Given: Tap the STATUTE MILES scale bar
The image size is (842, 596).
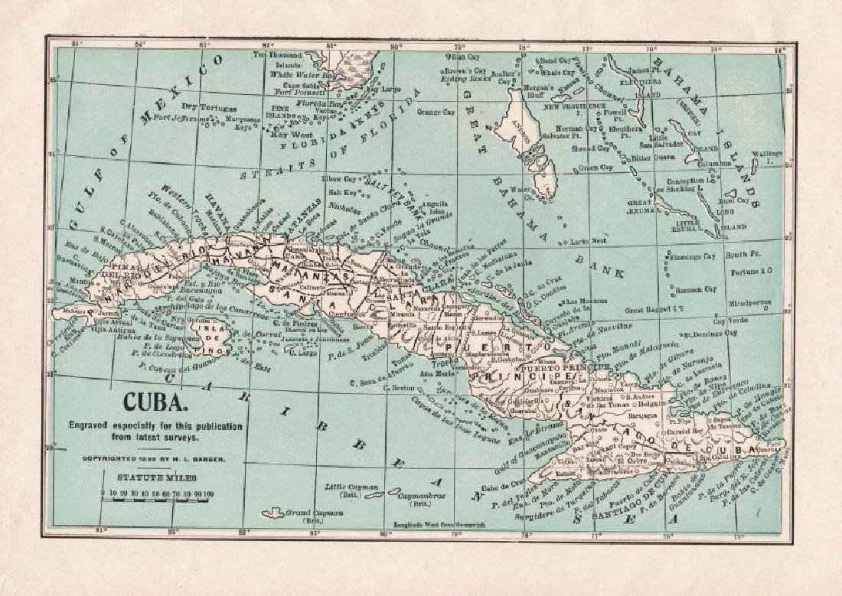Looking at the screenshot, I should tap(157, 494).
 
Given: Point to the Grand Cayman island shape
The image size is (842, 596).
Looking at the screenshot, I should tap(273, 513).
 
